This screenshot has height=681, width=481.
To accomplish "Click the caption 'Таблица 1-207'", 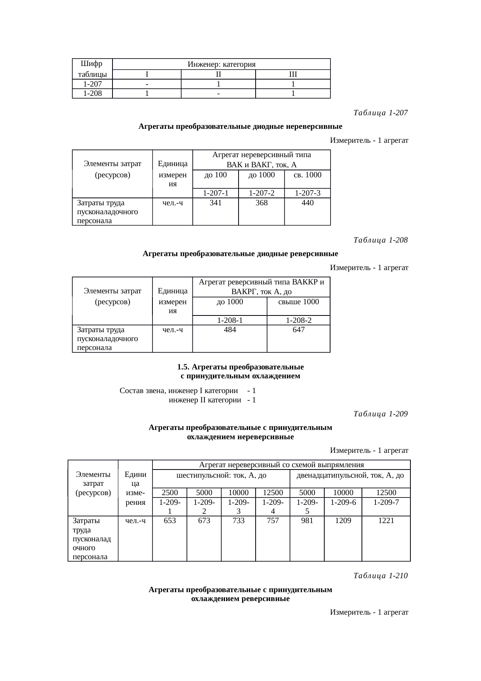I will (381, 113).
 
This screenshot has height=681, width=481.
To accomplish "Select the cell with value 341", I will (215, 203).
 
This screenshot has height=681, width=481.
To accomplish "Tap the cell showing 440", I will (308, 203).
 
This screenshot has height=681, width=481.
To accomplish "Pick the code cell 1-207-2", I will (261, 193).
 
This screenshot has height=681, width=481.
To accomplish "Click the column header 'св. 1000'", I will (308, 175).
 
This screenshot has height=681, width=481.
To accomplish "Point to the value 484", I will (230, 329).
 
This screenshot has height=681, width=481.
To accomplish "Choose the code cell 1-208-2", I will (299, 320).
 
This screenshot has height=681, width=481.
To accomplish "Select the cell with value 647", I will (299, 329).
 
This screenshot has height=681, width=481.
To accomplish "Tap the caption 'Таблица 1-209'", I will (381, 414).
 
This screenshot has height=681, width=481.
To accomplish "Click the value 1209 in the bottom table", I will (343, 521).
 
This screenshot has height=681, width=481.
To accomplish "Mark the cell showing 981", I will (307, 521).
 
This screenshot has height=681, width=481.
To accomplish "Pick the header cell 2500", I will (170, 493).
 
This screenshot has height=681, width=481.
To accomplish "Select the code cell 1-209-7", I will (386, 502).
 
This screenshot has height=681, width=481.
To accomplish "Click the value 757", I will (273, 521).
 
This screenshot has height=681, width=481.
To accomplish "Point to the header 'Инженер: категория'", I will (221, 64).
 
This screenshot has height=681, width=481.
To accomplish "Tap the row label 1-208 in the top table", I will (92, 94).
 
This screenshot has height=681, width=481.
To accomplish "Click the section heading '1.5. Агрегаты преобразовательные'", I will (240, 367).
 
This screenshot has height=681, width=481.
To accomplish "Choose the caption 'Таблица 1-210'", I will (381, 576).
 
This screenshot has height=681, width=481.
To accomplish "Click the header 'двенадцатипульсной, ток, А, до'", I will (350, 475).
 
